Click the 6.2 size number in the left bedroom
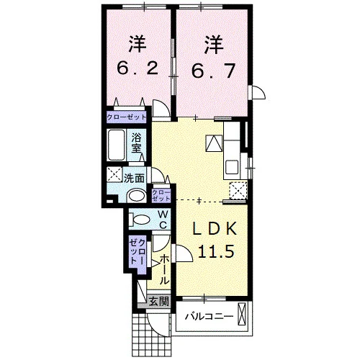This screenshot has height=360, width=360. (138, 68)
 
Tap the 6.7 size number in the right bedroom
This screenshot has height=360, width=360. (213, 71)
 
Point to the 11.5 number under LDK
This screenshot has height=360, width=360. (215, 251)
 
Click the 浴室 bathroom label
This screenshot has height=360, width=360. (136, 143)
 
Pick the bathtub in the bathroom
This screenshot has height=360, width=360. (116, 145)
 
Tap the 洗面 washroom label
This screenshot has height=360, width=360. (134, 179)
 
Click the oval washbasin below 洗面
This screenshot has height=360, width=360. (138, 196)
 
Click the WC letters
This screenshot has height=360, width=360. (163, 219)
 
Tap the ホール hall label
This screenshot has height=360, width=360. (164, 269)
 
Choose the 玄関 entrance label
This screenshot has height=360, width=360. (159, 302)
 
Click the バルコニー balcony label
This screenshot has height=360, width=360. (209, 317)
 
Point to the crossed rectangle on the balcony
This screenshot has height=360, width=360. (242, 315)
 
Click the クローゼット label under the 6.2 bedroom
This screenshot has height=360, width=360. (127, 117)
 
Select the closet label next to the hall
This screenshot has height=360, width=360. (137, 252)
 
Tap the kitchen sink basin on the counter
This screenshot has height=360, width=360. (232, 167)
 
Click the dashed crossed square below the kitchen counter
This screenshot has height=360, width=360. (238, 191)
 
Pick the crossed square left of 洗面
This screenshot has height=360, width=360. (114, 175)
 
